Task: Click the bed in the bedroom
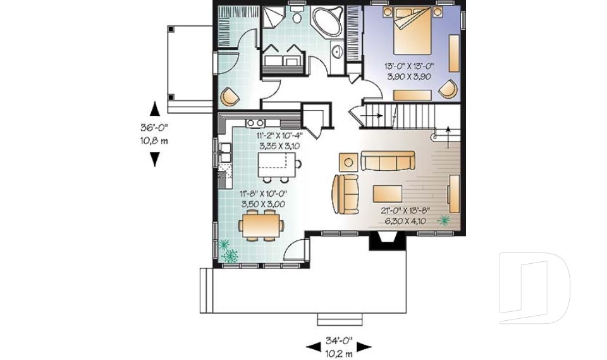click(x=412, y=31)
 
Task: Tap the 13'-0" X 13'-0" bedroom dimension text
click(x=409, y=66)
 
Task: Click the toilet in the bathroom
click(x=297, y=15)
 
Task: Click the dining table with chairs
click(x=261, y=225)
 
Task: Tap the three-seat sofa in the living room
click(x=388, y=161)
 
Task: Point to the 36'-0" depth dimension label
click(x=154, y=127)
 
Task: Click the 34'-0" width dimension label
click(x=339, y=341)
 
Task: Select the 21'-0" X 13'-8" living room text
click(x=406, y=211)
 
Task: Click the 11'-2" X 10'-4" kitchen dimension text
click(x=279, y=135)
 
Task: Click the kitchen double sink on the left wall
click(x=225, y=152)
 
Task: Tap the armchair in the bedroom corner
click(x=448, y=89)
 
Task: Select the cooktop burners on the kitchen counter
click(x=255, y=123)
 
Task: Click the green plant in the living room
click(x=444, y=221)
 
